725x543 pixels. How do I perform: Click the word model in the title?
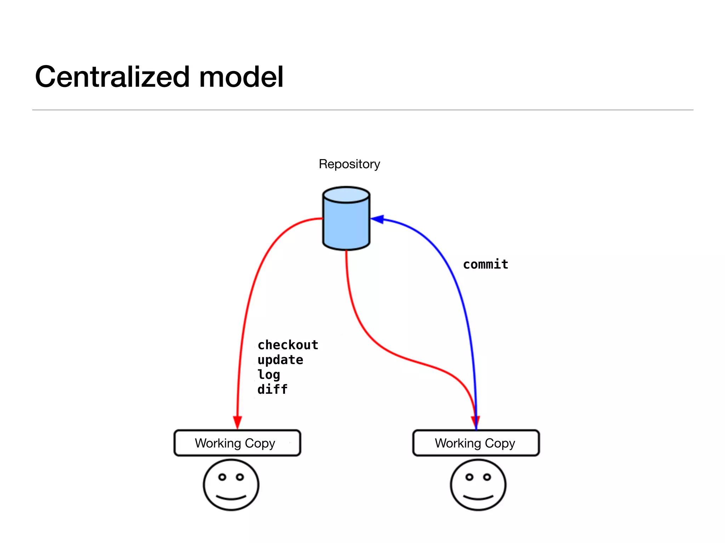pos(241,77)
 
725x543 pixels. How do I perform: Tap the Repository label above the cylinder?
pos(349,164)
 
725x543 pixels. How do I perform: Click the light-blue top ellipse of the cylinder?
pos(346,195)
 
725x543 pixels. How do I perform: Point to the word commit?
pos(485,264)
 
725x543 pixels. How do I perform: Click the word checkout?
pos(288,345)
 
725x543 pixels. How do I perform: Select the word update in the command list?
pos(280,360)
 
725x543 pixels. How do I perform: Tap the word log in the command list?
pos(269,375)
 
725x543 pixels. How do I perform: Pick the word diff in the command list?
pos(272,390)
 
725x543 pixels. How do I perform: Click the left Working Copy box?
pos(237,443)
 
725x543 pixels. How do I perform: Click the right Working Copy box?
pos(476,443)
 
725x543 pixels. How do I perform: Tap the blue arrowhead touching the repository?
pos(377,219)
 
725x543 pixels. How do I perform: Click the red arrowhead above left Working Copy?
pos(237,422)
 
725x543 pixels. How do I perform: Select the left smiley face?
pos(231,485)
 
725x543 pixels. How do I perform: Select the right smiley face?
pos(478,485)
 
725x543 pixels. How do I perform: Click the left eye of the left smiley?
pos(222,477)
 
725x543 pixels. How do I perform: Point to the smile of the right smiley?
pos(478,498)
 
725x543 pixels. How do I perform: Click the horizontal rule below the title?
pos(362,110)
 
